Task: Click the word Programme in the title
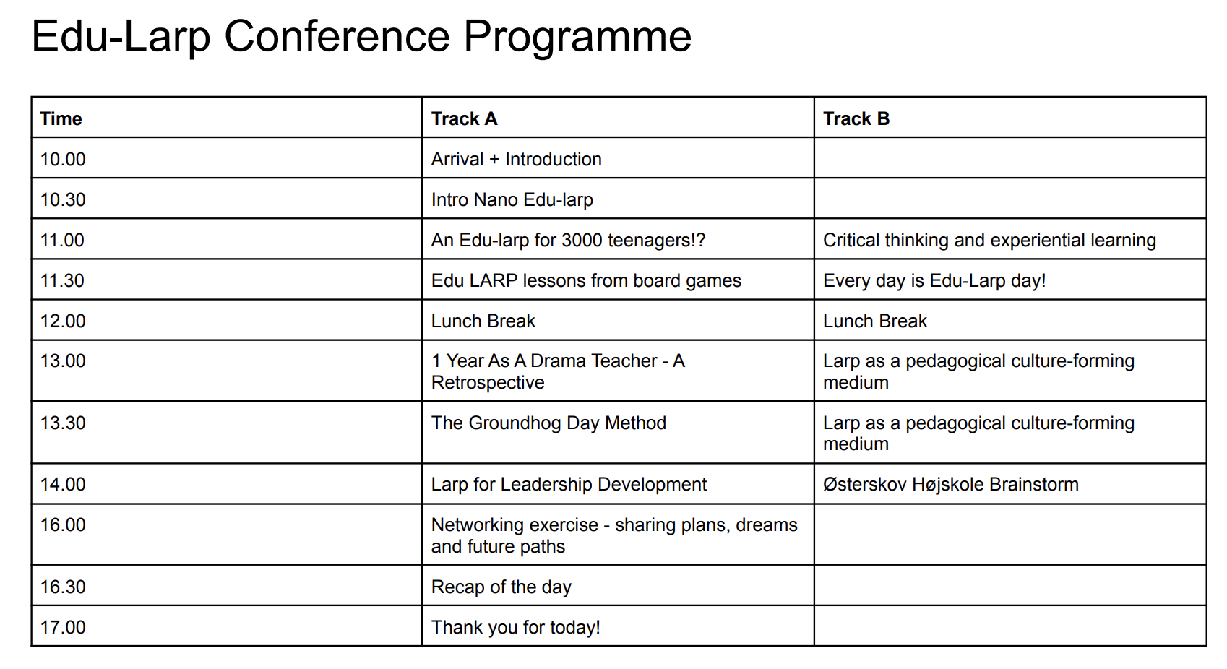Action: pos(577,38)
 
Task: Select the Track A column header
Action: pos(464,118)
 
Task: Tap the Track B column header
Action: pos(856,118)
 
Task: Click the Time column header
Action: pos(61,118)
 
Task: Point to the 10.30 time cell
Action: pos(63,200)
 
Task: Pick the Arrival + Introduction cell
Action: pos(516,160)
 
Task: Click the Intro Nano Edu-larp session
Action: pos(512,200)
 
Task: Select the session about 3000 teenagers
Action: pos(568,241)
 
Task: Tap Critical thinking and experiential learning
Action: pos(989,241)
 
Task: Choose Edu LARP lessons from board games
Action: pos(585,281)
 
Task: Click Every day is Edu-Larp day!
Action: pos(934,281)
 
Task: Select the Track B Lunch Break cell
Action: pos(875,321)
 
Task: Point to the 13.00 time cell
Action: pos(63,361)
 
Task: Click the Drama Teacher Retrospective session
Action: pos(558,372)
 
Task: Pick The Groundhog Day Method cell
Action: pos(548,423)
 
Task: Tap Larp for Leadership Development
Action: pos(569,485)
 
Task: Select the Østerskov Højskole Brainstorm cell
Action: pos(950,485)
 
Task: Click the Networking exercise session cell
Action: pos(614,535)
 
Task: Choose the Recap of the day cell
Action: pos(501,587)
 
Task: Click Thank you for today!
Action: pos(515,627)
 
